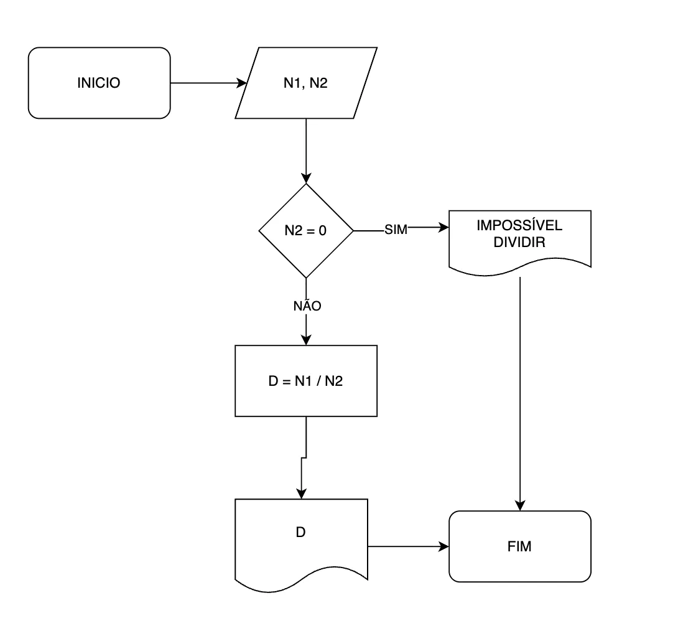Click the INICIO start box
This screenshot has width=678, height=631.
[x=99, y=83]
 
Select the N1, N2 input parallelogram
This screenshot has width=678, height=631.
[x=305, y=83]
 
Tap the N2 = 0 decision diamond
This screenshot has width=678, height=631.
[x=305, y=230]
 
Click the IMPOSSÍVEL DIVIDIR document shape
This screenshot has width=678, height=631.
[x=520, y=241]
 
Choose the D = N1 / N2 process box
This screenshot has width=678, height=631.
[x=305, y=381]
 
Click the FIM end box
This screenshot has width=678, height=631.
[x=520, y=546]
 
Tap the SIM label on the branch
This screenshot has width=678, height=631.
[x=396, y=230]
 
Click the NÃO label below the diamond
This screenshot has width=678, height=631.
[x=307, y=306]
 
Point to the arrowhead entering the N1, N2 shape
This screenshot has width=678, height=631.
[x=242, y=83]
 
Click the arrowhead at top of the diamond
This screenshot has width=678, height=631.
[x=305, y=178]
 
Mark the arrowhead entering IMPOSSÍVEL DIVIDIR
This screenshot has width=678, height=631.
[x=443, y=227]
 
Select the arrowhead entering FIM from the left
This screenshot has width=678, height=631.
[x=443, y=546]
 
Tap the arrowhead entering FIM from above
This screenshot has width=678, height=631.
[x=520, y=505]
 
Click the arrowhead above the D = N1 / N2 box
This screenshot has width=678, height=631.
[x=305, y=340]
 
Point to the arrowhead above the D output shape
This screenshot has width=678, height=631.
[x=302, y=493]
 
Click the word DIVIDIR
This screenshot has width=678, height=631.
[x=519, y=242]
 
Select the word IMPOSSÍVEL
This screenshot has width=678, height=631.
[x=519, y=225]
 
